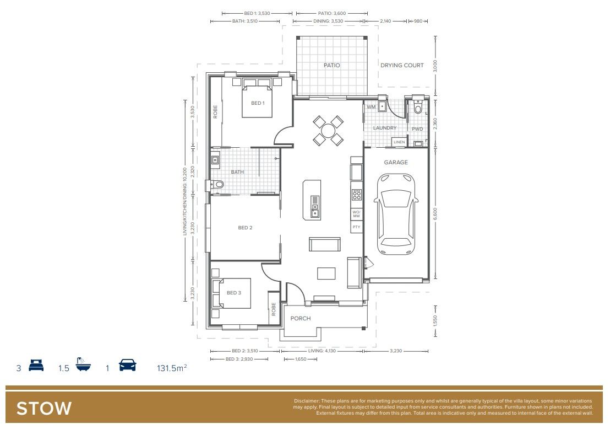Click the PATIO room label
click(331, 65)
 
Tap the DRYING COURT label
click(402, 65)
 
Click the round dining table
click(328, 131)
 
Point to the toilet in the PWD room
click(418, 109)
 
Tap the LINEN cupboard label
click(399, 142)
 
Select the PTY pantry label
click(356, 227)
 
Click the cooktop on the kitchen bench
click(356, 194)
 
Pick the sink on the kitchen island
click(314, 209)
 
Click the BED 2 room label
click(245, 227)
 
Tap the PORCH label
click(301, 318)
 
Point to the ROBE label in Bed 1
click(215, 112)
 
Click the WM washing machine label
click(371, 106)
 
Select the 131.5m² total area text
click(172, 367)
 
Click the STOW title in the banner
click(44, 409)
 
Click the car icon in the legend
click(128, 366)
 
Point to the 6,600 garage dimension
click(435, 213)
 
